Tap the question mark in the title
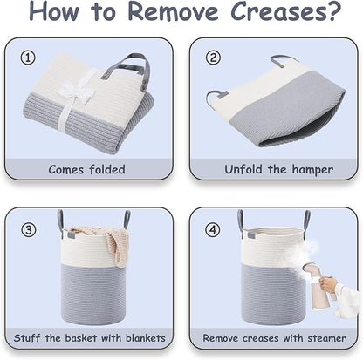[x=335, y=10]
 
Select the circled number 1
[x=28, y=58]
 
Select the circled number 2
[x=213, y=58]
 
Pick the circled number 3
[x=29, y=230]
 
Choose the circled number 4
[x=213, y=230]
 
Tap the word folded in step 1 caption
[x=107, y=169]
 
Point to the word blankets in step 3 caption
[x=146, y=338]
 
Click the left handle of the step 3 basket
[x=60, y=221]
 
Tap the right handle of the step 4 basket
[x=307, y=220]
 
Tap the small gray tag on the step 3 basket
[x=72, y=234]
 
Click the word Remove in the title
[x=174, y=10]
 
